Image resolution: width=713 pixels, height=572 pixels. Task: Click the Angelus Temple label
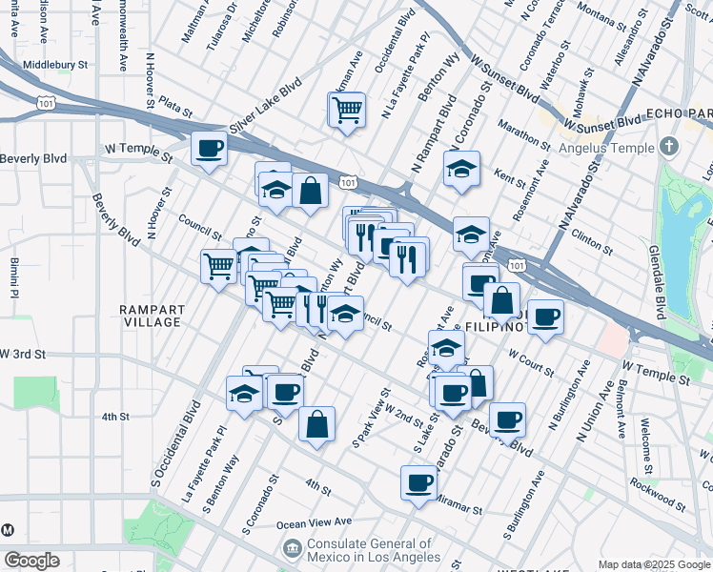(608, 148)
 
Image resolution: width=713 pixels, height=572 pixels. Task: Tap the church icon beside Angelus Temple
(668, 147)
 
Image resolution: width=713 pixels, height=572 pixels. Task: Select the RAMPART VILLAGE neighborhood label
(151, 316)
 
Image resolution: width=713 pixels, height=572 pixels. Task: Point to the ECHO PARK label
(679, 114)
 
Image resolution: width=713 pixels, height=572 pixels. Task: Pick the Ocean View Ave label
(315, 523)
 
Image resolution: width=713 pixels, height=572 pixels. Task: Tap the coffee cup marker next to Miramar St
(418, 482)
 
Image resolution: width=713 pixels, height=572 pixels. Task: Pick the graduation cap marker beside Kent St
(461, 170)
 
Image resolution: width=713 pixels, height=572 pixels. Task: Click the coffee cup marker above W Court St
(545, 317)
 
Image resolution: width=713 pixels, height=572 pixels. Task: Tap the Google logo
(31, 561)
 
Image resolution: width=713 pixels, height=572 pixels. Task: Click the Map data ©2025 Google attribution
(654, 564)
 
